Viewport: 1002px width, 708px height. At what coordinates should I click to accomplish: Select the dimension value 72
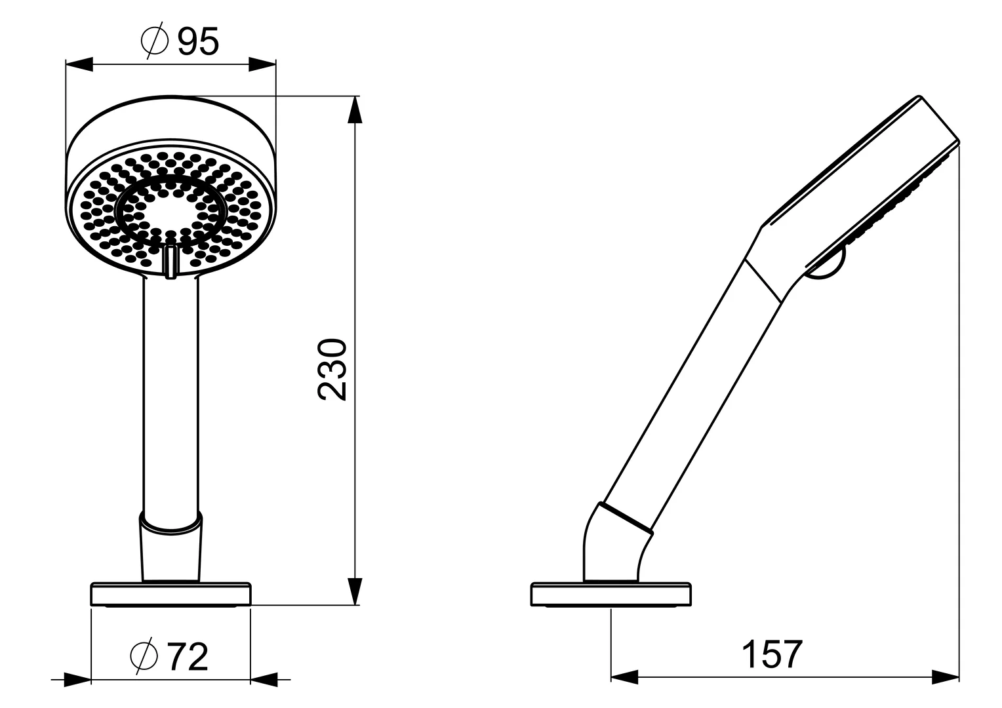[x=188, y=657]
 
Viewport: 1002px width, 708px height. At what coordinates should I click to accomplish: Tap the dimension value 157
[x=772, y=654]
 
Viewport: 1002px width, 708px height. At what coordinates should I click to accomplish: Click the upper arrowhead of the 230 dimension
[x=354, y=109]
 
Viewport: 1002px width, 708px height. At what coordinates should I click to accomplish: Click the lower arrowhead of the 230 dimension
[x=354, y=591]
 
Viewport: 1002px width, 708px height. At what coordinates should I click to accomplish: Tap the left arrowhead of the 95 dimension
[x=79, y=64]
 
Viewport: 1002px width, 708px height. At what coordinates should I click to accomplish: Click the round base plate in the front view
[x=170, y=594]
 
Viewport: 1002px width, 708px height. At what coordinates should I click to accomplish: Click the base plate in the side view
[x=611, y=594]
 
